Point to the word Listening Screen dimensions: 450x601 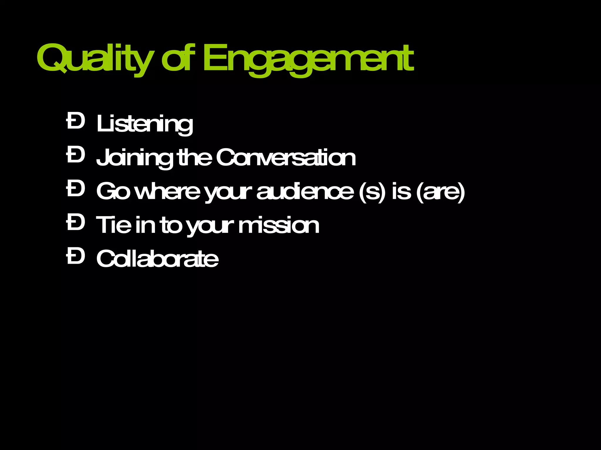[145, 124]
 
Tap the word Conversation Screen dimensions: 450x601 [286, 158]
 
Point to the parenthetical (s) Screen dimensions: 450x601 [372, 192]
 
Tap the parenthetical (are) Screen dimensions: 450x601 [440, 192]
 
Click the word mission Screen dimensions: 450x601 [278, 225]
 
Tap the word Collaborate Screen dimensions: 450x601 [157, 259]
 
